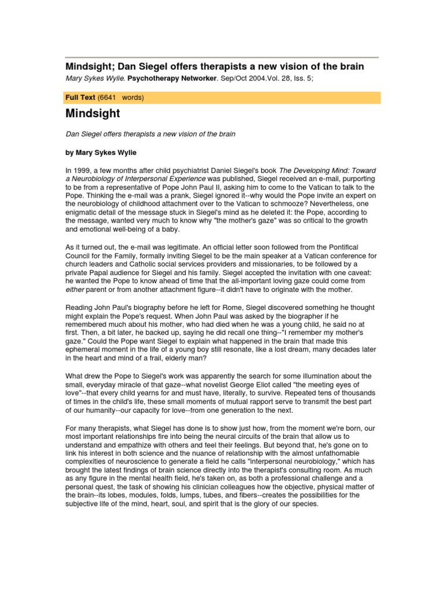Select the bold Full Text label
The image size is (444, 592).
(79, 97)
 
